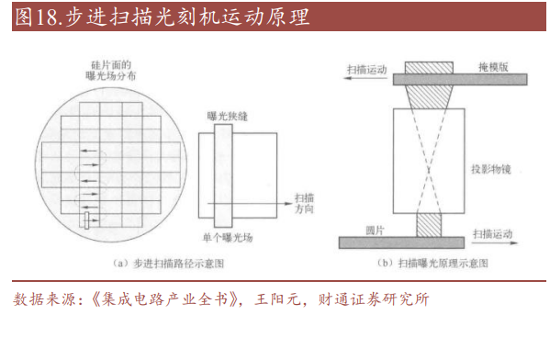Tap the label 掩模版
tap(492, 68)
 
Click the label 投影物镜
tap(490, 170)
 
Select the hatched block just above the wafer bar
tap(429, 224)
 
